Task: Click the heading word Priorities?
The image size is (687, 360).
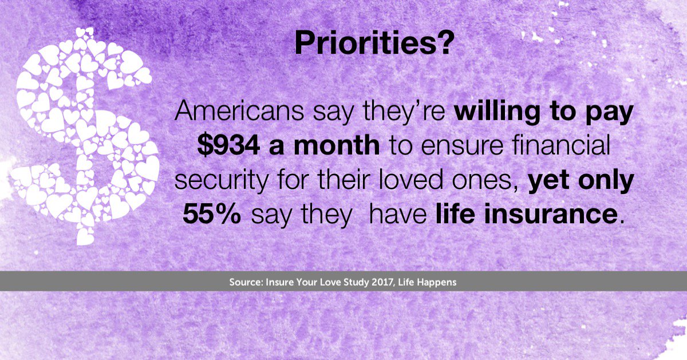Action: (375, 43)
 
